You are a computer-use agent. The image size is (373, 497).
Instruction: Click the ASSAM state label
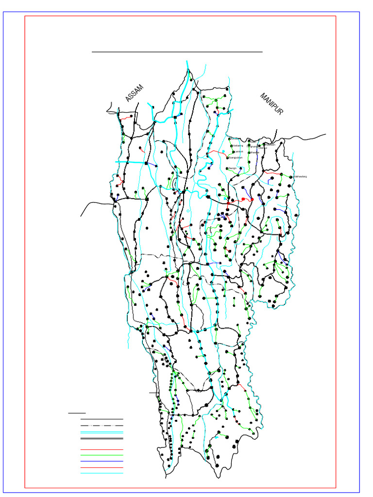click(x=134, y=93)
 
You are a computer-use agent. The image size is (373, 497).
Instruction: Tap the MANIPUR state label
click(x=271, y=104)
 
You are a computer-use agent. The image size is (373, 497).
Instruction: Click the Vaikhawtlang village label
click(x=301, y=177)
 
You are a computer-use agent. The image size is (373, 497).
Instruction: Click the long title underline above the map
click(x=177, y=51)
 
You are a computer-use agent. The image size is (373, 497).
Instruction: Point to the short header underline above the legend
click(x=77, y=413)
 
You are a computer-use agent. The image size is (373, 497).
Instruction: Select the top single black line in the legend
click(x=102, y=419)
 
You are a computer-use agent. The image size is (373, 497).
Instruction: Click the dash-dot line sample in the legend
click(x=102, y=425)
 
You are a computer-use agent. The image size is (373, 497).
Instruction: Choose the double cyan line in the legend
click(x=102, y=432)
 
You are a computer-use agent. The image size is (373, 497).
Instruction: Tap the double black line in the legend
click(x=102, y=438)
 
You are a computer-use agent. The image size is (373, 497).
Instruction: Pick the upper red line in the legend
click(x=102, y=450)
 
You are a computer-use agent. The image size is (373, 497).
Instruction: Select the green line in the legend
click(x=102, y=456)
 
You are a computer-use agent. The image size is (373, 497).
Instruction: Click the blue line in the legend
click(x=102, y=461)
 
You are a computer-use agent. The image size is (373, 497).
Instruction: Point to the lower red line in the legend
click(x=102, y=467)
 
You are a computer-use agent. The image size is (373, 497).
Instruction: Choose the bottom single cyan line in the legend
click(x=102, y=473)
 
